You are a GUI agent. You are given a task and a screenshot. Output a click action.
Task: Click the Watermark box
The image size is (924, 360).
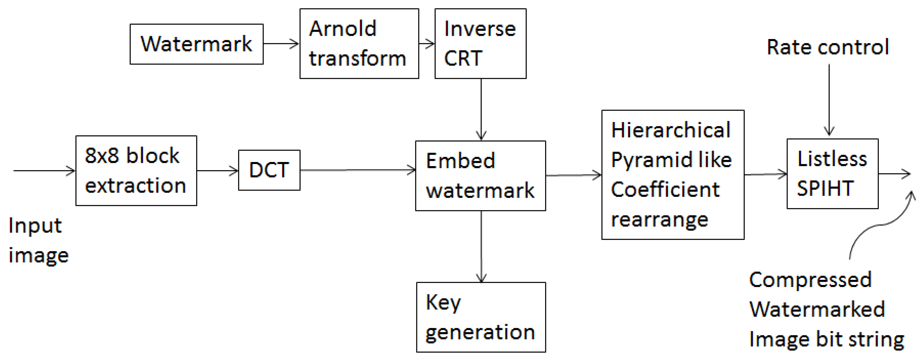coord(196,44)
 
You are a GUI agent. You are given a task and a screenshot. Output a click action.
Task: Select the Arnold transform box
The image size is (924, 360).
coord(359,43)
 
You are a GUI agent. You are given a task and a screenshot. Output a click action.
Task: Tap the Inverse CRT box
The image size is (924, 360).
coord(480,43)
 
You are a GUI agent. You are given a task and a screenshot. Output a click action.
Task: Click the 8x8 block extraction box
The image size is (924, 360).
coord(136,171)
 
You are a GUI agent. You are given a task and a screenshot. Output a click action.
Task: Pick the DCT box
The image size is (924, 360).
coord(269,170)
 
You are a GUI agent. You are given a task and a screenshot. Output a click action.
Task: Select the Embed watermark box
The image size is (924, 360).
coord(480,176)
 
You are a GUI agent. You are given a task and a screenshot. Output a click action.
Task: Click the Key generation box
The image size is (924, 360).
coord(481,317)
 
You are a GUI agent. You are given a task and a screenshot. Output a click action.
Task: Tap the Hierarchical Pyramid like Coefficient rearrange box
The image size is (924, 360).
coord(673,174)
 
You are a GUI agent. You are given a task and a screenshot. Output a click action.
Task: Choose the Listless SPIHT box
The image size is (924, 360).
coord(832,174)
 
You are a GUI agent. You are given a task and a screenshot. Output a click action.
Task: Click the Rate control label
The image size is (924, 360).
coord(828,47)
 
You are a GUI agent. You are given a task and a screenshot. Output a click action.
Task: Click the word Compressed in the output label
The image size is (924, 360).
coord(810,280)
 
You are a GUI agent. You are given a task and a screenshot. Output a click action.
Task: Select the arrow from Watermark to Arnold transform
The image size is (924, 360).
coord(281,44)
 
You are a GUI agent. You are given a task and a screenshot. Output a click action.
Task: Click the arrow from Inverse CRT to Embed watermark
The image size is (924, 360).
coord(481,109)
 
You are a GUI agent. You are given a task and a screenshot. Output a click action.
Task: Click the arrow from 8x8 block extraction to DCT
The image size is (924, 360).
coord(217,171)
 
